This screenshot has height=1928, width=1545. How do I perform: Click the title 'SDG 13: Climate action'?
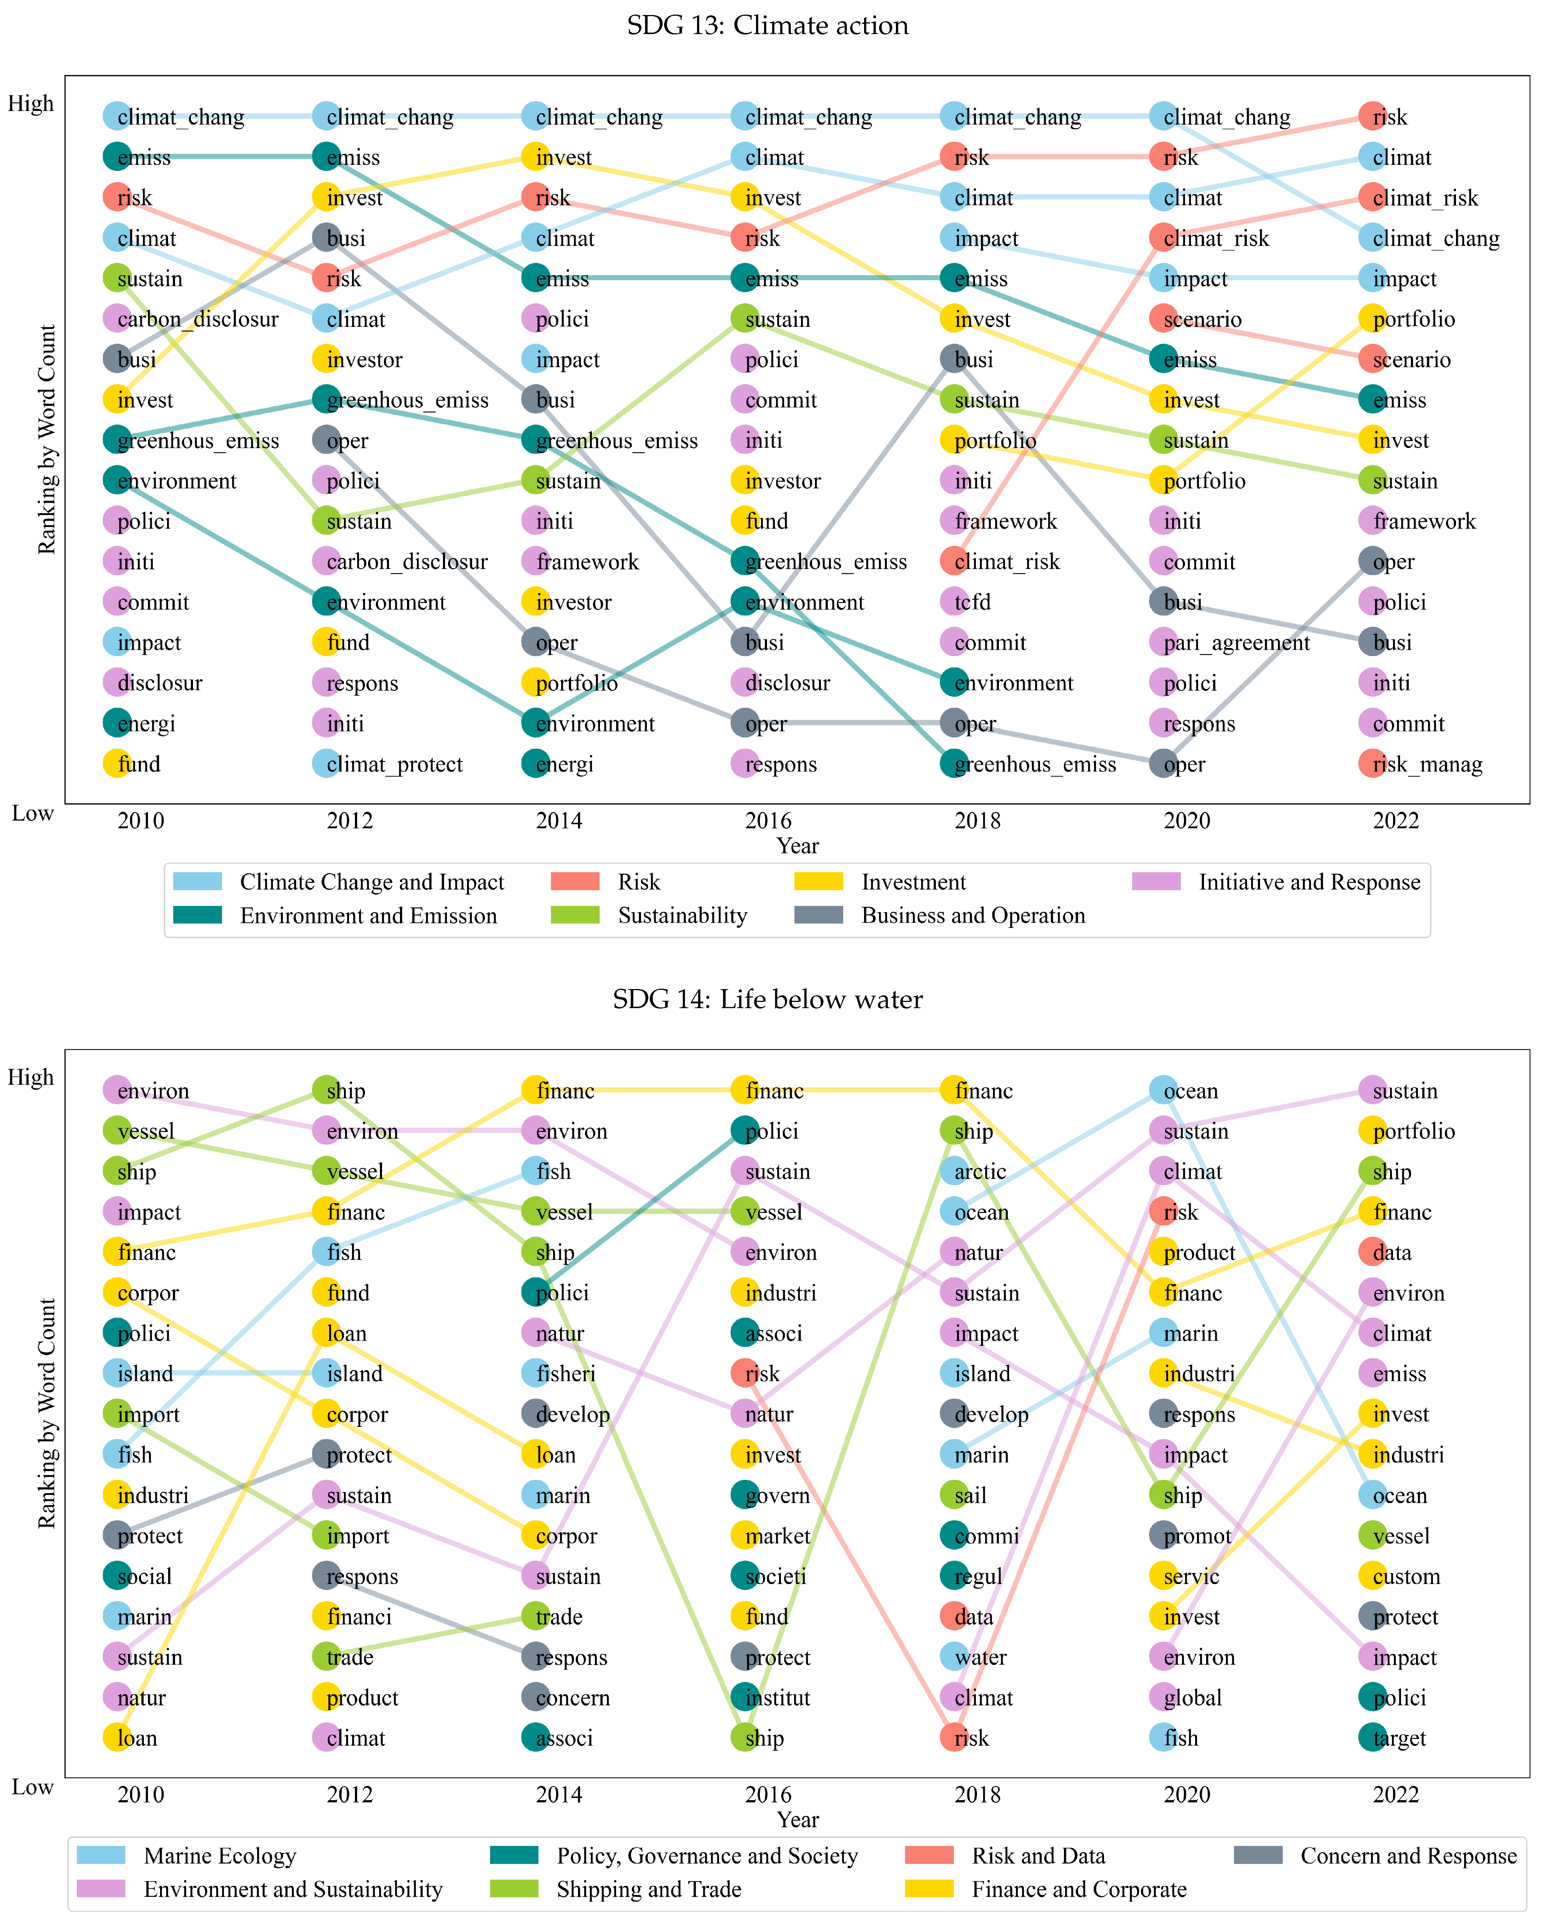767,25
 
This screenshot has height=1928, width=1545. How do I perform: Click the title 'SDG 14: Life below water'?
767,999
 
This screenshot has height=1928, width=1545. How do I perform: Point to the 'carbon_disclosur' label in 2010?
197,318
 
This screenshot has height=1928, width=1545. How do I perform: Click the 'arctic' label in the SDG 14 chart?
980,1172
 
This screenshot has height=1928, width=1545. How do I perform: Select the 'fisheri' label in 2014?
565,1374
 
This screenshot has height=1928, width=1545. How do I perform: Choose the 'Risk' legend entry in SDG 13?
638,882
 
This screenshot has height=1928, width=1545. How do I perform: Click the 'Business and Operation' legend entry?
973,915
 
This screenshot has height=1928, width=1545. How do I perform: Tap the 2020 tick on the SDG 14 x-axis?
1186,1794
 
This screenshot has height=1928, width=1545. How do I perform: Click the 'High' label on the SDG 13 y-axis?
31,104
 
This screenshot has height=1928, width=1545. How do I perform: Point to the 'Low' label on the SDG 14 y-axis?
32,1787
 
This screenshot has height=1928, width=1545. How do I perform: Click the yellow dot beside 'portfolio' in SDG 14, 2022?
1372,1130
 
